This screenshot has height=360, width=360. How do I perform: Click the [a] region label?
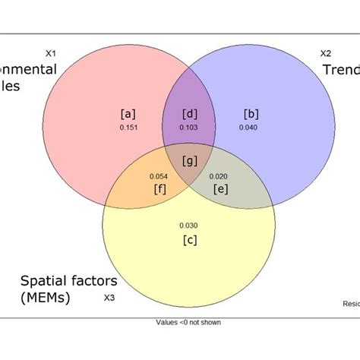[128, 114]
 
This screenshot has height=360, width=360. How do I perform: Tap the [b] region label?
[251, 114]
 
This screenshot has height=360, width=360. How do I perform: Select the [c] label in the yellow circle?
[190, 239]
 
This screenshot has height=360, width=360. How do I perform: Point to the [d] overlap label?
[190, 114]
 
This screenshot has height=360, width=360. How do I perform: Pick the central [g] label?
[190, 161]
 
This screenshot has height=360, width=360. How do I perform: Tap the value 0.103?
[190, 127]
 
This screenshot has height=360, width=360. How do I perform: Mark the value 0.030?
[190, 226]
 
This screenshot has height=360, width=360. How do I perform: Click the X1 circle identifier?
[51, 53]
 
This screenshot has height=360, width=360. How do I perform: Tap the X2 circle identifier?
[325, 53]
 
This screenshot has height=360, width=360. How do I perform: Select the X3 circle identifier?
[109, 298]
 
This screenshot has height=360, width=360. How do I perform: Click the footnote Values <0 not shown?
[189, 322]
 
